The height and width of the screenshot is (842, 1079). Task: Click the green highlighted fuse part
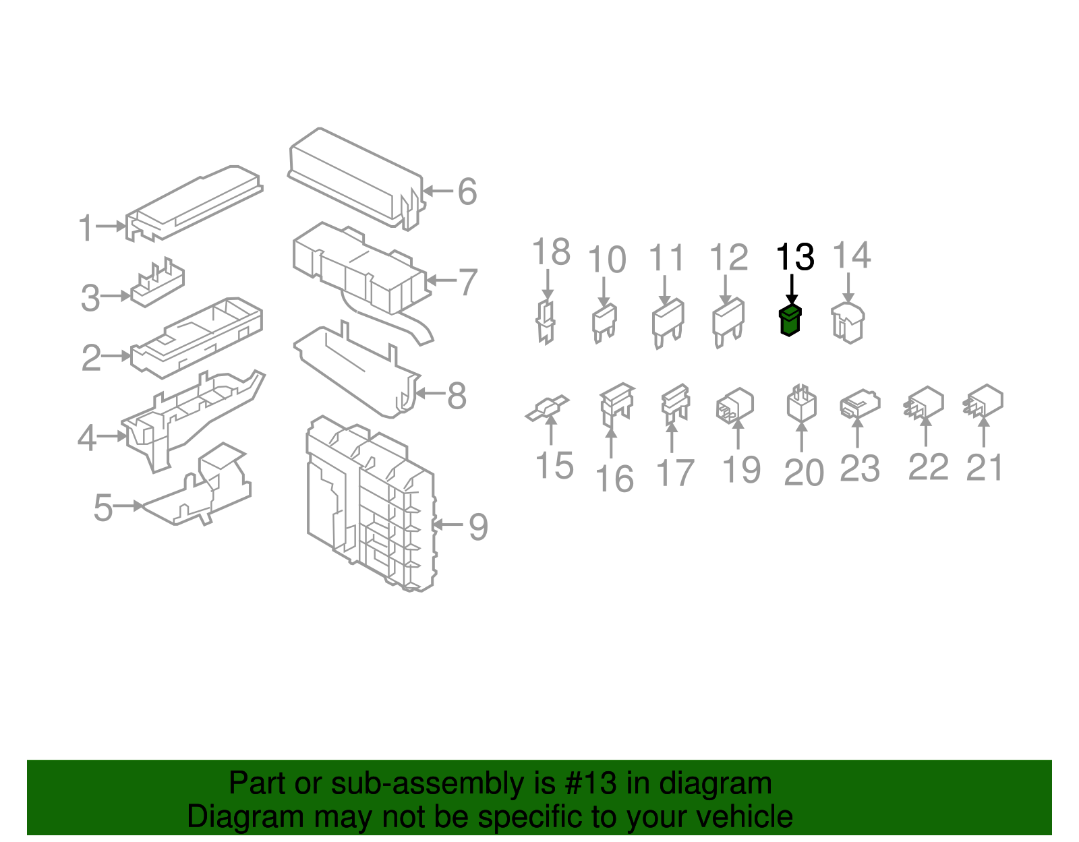(789, 321)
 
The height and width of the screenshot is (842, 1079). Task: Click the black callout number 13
(795, 257)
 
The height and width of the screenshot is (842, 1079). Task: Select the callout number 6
(467, 191)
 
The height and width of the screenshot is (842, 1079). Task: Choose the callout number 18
(551, 252)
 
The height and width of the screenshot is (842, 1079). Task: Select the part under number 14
(848, 322)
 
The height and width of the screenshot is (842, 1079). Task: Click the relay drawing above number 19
(735, 404)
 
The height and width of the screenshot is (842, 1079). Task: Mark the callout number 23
(860, 469)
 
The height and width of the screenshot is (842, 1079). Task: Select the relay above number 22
(925, 402)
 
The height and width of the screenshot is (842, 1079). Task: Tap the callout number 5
(103, 508)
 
